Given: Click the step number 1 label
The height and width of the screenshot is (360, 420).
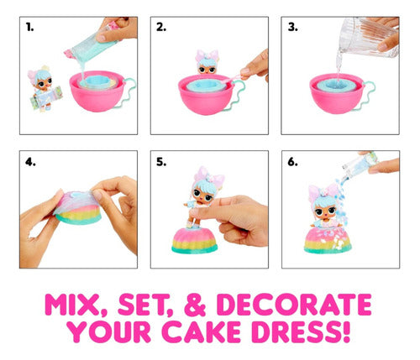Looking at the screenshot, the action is [29, 28].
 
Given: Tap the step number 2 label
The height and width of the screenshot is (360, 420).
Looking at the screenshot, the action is [161, 28].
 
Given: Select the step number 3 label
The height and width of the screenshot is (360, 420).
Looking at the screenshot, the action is [292, 28].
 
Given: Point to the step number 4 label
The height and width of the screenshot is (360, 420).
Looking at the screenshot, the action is [30, 162].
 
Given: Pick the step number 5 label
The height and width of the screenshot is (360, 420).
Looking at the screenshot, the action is [161, 162].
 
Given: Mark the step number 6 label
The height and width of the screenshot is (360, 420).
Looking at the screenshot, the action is [292, 162].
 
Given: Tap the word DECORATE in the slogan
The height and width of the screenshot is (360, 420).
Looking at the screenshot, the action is [294, 305].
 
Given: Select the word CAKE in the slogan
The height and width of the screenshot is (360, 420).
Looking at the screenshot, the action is [201, 331].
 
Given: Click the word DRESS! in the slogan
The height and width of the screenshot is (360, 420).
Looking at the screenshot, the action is [301, 331].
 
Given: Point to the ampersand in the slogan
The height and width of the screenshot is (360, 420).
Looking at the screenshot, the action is [195, 305].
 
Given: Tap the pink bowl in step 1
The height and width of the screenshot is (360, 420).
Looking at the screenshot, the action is [97, 91].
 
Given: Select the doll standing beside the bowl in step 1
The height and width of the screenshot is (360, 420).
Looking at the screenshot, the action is [45, 88].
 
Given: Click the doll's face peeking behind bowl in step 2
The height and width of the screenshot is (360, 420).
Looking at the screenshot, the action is [207, 64].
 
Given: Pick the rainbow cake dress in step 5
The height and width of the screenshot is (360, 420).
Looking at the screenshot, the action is [195, 241].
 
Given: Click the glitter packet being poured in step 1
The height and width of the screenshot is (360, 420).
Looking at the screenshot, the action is [92, 46].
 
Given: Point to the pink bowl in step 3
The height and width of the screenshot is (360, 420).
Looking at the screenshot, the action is [337, 93].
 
